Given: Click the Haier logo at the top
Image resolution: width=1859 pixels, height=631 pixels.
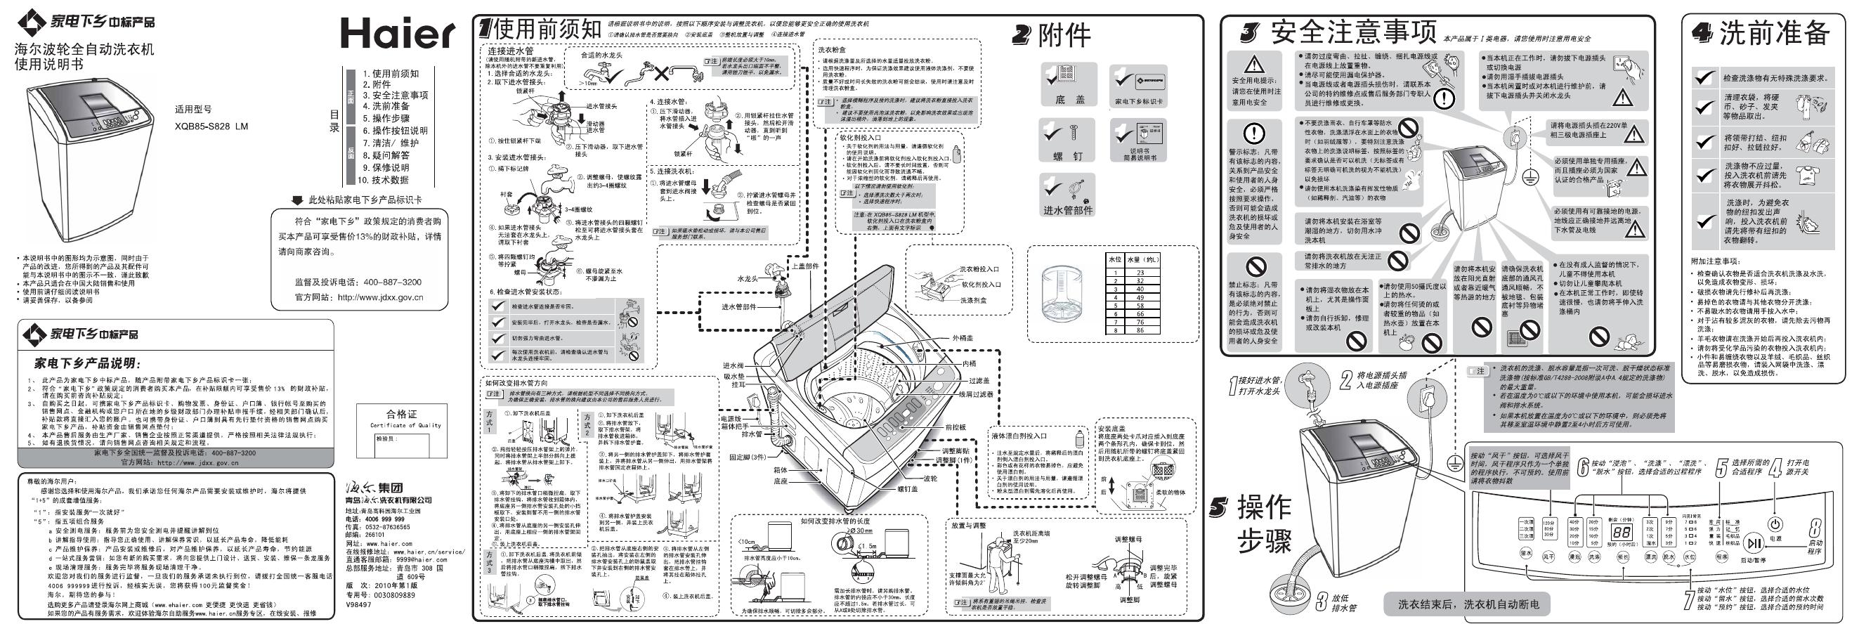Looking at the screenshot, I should tap(398, 32).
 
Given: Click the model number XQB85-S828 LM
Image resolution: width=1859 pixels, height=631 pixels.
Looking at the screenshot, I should tap(211, 126).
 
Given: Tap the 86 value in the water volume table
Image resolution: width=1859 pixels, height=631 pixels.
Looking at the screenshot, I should tap(1140, 330).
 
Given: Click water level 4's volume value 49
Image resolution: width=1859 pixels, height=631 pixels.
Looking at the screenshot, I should tap(1140, 297).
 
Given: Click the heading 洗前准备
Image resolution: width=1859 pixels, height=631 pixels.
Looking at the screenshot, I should tap(1774, 32).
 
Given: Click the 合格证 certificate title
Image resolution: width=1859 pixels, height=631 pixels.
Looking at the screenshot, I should tap(401, 414).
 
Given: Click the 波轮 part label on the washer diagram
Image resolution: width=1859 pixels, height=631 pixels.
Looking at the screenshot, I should tap(931, 478).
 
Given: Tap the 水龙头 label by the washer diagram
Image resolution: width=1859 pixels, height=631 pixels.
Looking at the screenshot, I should tap(747, 279).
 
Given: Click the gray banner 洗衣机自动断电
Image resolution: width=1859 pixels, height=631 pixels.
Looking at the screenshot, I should tap(1468, 604).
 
